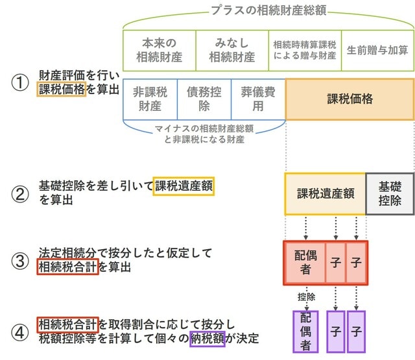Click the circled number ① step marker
[20, 84]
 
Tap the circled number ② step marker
[20, 193]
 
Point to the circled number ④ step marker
[20, 331]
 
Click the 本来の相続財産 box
[159, 50]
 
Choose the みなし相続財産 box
[231, 50]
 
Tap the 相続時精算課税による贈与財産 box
[305, 50]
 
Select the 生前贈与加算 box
[377, 50]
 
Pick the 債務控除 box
[204, 99]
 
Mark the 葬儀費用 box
[257, 99]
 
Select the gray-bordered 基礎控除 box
[390, 193]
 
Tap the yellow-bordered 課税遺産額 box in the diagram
[325, 193]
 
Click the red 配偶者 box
[304, 263]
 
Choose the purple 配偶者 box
[304, 331]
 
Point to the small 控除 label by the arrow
[306, 297]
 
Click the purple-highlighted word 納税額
[207, 338]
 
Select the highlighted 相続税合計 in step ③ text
[67, 266]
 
